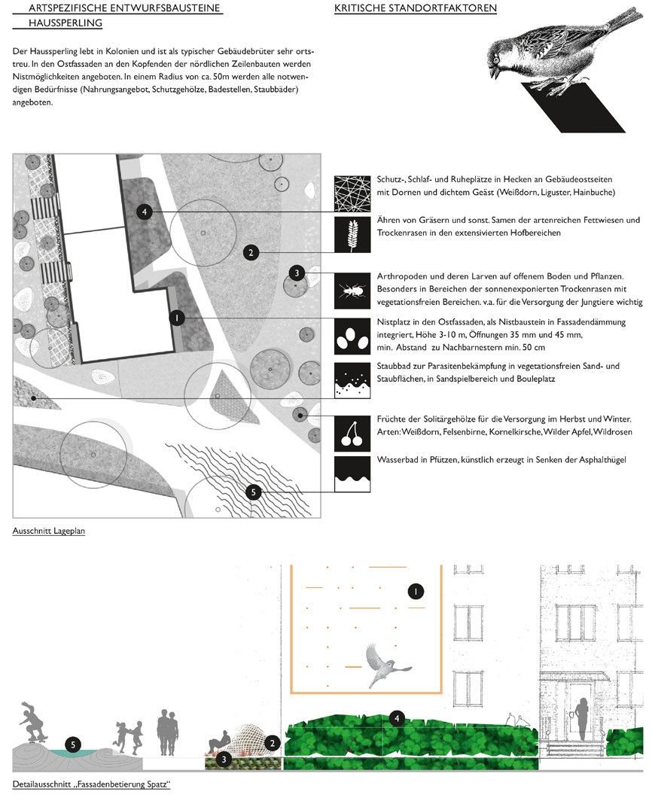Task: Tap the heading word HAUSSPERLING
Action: coord(66,23)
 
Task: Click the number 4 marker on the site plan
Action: coord(146,212)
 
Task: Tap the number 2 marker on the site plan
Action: coord(251,253)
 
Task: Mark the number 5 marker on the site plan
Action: coord(254,492)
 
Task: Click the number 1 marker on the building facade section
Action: coord(415,592)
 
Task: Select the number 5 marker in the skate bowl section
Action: coord(72,745)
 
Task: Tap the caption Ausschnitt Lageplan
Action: coord(49,531)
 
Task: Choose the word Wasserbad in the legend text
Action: coord(396,459)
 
